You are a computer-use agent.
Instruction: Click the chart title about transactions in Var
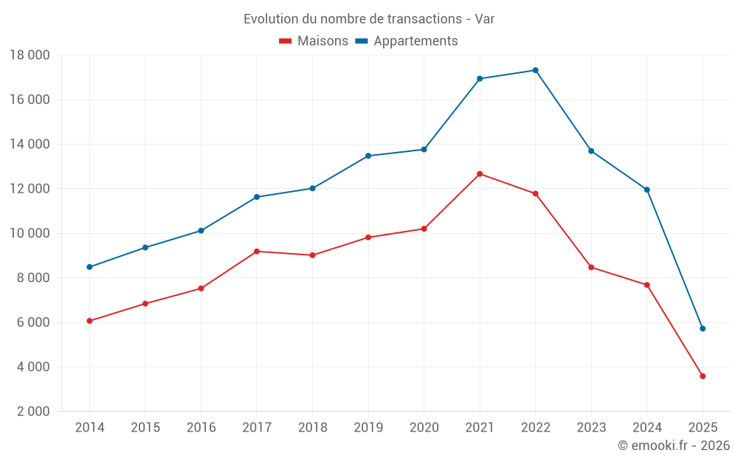coord(368,18)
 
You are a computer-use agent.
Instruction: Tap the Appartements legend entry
coord(407,41)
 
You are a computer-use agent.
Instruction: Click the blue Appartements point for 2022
coord(535,70)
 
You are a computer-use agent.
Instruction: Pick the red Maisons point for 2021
coord(480,174)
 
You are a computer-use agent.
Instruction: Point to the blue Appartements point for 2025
coord(703,328)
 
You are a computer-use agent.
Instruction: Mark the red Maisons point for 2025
coord(703,376)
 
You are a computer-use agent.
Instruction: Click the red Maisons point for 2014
coord(89,321)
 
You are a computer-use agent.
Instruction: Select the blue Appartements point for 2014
coord(89,267)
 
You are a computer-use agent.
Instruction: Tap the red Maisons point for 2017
coord(257,252)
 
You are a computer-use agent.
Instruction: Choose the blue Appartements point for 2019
coord(368,156)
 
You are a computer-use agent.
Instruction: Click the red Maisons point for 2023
coord(591,267)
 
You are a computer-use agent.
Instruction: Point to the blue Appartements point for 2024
coord(647,190)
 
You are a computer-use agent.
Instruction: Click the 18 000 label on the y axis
coord(30,55)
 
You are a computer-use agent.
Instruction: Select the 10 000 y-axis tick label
coord(30,233)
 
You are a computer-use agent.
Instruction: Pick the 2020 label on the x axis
coord(424,428)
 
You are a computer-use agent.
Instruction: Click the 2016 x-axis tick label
coord(201,428)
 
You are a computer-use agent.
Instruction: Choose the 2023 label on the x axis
coord(591,428)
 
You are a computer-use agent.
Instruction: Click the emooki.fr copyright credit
coord(673,446)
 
